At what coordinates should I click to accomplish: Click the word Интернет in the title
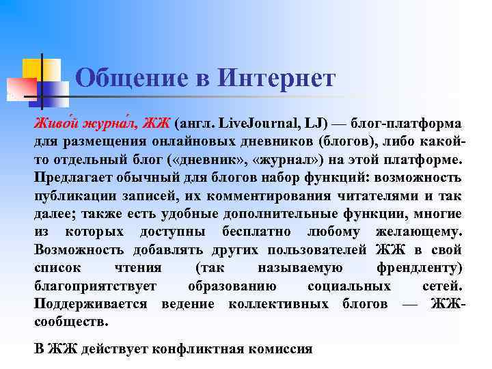coord(277,78)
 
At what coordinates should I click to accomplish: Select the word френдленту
coord(419,267)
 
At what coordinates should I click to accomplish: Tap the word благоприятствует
coord(95,285)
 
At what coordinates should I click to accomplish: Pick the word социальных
coord(349,285)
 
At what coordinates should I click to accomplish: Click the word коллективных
coord(277,303)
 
